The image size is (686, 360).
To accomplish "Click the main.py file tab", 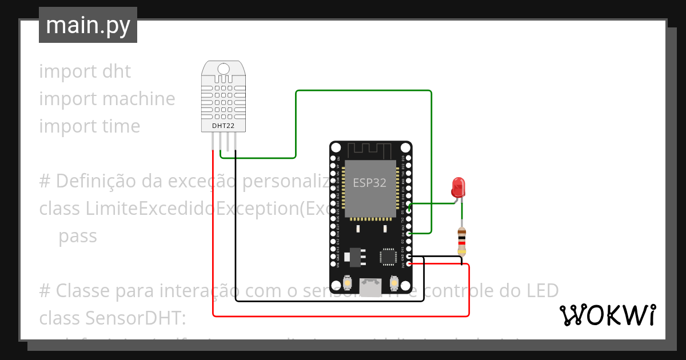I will coord(88,25).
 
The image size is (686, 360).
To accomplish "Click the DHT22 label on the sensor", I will coord(223,125).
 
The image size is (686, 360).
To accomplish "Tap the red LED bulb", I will coord(458,187).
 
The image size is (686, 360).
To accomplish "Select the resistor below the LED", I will coord(462,241).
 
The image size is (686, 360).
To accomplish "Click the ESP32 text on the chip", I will coord(369,183).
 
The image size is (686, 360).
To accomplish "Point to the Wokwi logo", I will coord(607,315).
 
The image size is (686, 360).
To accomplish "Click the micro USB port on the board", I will coord(370,286).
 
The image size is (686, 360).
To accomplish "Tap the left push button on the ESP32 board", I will coord(348,282).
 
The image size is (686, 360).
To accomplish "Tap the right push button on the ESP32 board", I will coord(394,282).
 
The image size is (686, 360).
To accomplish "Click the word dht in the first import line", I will coord(116,71).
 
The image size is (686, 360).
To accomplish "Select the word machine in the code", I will coord(139,99).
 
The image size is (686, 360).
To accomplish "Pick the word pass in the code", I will coord(78,236).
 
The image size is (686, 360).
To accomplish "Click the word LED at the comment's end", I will coord(541,291).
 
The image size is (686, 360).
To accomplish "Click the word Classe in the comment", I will coord(83,291).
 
